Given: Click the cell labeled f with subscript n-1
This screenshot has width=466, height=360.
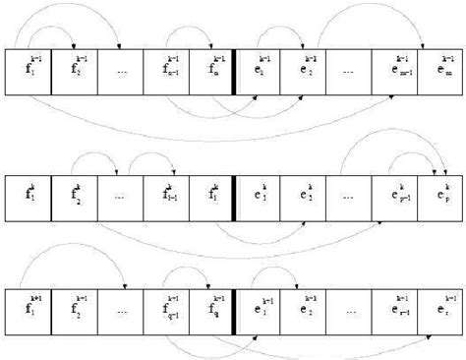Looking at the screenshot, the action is (165, 72).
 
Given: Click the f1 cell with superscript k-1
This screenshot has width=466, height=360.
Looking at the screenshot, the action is (28, 72).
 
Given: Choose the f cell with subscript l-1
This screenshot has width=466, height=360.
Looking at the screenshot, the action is (165, 189).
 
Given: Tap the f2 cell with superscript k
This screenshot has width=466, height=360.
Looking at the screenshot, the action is (74, 189).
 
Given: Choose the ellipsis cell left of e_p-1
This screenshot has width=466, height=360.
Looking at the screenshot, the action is (349, 189).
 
